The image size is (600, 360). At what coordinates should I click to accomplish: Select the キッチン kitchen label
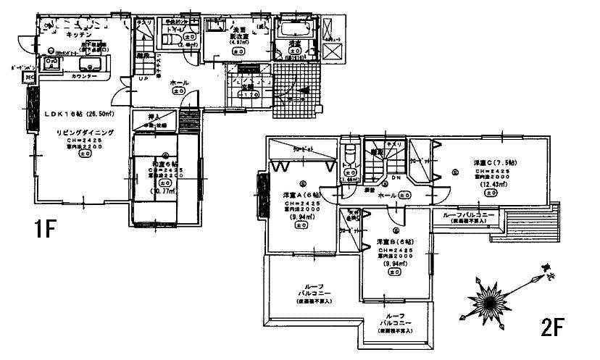coord(78,34)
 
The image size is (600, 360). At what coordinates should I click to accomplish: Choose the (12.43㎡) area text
coord(493,186)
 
